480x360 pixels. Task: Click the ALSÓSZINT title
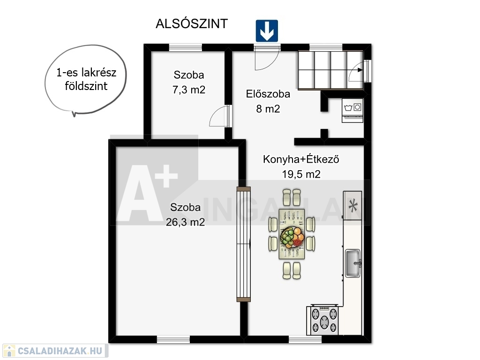[192, 23]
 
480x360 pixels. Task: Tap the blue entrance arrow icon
[267, 31]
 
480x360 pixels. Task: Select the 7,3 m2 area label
[188, 90]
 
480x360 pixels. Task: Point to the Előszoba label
[268, 94]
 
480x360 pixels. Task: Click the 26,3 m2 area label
[185, 222]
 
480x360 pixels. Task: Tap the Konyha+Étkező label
[301, 159]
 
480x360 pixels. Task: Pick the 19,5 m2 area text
[301, 174]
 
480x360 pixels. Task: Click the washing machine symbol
[352, 111]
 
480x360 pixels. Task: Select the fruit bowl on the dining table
[292, 237]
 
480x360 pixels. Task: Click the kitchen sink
[353, 263]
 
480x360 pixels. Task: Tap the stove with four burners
[324, 320]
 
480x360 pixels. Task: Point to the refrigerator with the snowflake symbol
[352, 205]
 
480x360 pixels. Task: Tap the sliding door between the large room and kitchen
[244, 244]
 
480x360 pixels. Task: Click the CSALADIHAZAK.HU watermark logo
[54, 351]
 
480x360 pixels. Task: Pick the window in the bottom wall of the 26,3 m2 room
[173, 339]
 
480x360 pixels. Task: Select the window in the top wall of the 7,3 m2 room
[186, 47]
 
